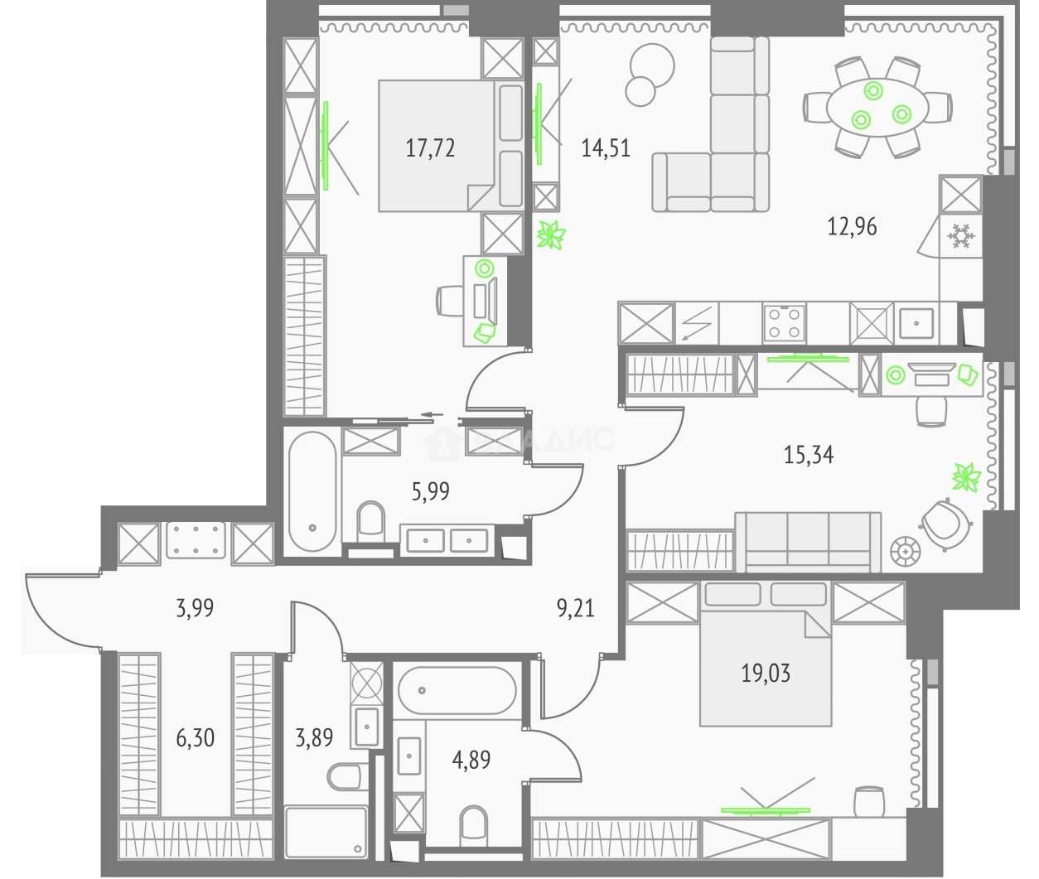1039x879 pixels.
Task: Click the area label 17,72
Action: pyautogui.click(x=430, y=148)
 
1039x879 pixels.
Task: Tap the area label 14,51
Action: pyautogui.click(x=606, y=148)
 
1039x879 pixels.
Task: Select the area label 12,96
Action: pyautogui.click(x=852, y=225)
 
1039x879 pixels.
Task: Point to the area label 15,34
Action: pyautogui.click(x=808, y=454)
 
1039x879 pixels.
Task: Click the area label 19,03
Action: pyautogui.click(x=766, y=674)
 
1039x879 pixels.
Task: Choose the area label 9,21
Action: pyautogui.click(x=575, y=611)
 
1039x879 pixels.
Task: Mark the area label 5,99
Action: pyautogui.click(x=430, y=492)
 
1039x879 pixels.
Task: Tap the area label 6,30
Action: pyautogui.click(x=195, y=737)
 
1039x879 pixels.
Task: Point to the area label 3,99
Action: pyautogui.click(x=195, y=609)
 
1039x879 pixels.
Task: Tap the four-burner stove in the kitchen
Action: pyautogui.click(x=784, y=322)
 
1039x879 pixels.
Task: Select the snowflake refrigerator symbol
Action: pyautogui.click(x=960, y=237)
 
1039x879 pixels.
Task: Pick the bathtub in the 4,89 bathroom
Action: pyautogui.click(x=457, y=690)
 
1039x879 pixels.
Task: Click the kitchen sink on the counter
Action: pyautogui.click(x=916, y=322)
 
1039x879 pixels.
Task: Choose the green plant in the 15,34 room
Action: pyautogui.click(x=965, y=478)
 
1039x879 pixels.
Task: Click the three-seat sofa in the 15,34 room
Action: pyautogui.click(x=808, y=541)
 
